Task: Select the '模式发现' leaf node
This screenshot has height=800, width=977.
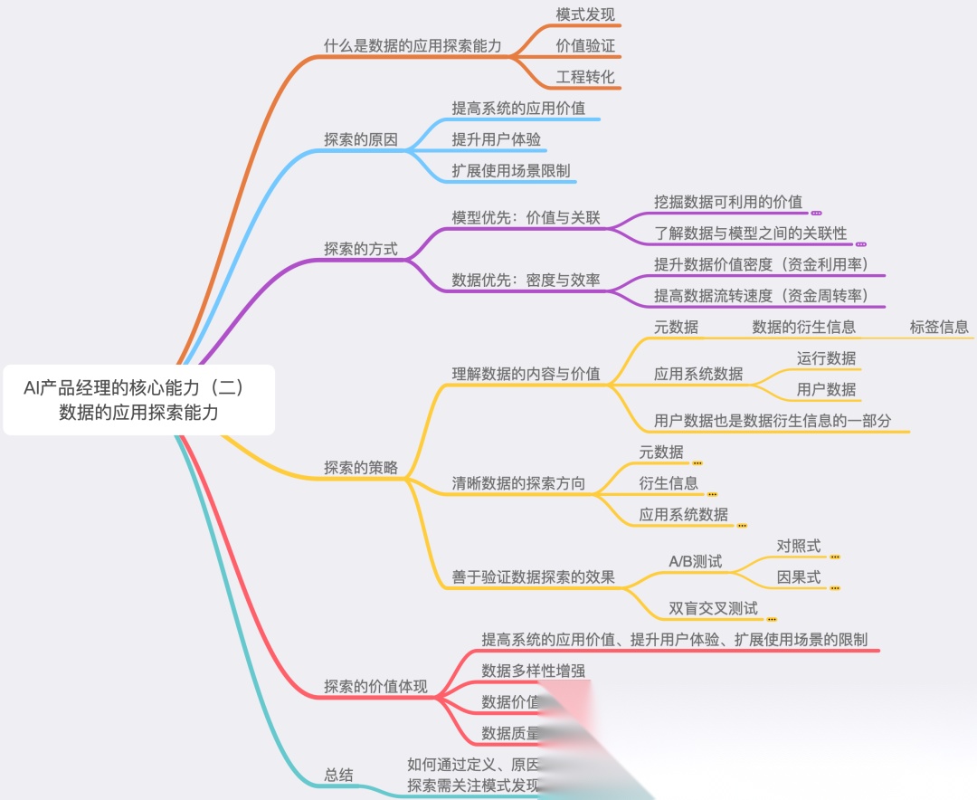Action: coord(585,14)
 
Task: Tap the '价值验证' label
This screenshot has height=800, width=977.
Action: coord(585,45)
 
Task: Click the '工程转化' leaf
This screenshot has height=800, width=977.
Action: coord(585,76)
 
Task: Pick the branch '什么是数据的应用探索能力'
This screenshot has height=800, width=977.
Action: coord(413,45)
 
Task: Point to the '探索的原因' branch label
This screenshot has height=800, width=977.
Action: coord(360,139)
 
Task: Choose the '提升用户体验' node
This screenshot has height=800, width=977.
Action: coord(497,139)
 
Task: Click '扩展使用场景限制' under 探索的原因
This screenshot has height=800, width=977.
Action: coord(511,170)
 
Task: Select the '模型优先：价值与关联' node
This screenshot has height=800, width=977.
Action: coord(526,218)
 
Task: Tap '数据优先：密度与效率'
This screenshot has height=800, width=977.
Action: coord(526,280)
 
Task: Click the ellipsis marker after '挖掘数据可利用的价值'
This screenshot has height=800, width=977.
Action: coord(816,213)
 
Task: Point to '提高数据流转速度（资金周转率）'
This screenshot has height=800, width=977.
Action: coord(761,295)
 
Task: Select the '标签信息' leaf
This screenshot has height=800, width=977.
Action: coord(939,327)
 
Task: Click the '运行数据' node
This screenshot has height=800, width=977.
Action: coord(826,357)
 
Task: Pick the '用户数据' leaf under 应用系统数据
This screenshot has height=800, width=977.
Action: coord(826,389)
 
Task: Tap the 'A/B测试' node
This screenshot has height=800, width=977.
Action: coord(695,561)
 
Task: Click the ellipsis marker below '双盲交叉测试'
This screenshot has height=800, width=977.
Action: coord(772,619)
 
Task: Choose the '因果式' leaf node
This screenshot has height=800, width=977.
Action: coord(799,576)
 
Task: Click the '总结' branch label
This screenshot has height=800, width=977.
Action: coord(338,775)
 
